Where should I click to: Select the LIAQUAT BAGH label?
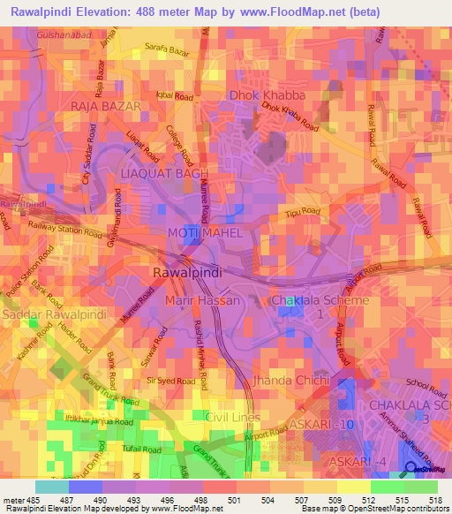click(164, 174)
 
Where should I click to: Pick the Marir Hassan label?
click(203, 301)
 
